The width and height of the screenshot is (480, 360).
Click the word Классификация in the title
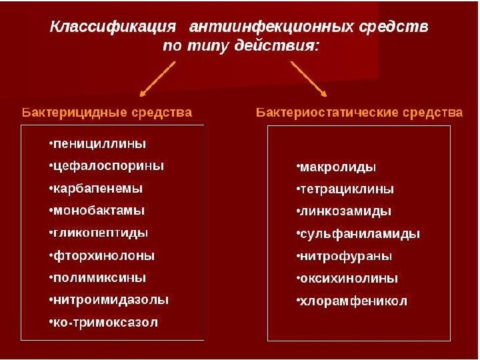pyautogui.click(x=114, y=28)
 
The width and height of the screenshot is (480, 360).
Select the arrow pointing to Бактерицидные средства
pyautogui.click(x=157, y=79)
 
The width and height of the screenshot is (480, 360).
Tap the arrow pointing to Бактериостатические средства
pyautogui.click(x=308, y=79)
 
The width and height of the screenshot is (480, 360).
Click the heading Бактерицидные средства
pyautogui.click(x=107, y=112)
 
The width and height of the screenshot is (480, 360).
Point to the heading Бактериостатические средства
pyautogui.click(x=359, y=112)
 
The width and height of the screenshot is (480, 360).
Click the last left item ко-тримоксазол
pyautogui.click(x=103, y=322)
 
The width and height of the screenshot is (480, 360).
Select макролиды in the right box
pyautogui.click(x=336, y=166)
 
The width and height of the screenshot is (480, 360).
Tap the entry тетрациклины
pyautogui.click(x=345, y=189)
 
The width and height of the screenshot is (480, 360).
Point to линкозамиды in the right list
pyautogui.click(x=343, y=211)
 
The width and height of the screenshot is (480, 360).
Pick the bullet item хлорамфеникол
pyautogui.click(x=351, y=301)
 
